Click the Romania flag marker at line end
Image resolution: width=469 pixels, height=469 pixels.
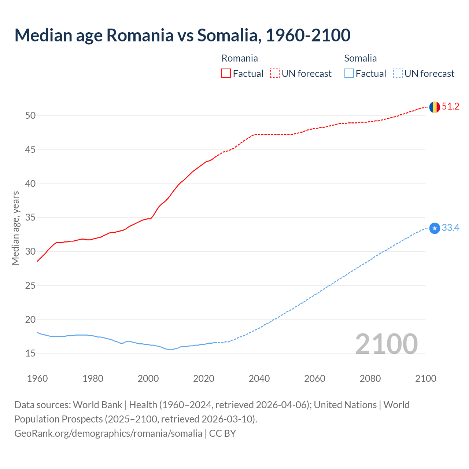point(434,107)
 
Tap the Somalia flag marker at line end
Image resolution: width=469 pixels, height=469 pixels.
point(434,228)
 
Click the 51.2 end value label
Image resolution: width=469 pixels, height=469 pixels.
point(450,107)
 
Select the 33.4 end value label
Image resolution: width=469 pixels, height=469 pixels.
point(450,228)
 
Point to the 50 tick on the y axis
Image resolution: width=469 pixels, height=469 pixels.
point(30,116)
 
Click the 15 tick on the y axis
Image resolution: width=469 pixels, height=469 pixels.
point(30,354)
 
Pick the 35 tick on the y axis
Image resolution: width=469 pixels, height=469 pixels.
point(30,218)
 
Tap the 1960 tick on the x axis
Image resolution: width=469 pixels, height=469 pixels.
point(37,378)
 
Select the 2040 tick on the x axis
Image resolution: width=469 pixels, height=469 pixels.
point(259,378)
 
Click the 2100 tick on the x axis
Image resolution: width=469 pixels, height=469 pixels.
point(425,378)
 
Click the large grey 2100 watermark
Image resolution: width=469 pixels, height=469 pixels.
point(386,344)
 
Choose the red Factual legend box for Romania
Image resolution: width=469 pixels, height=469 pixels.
point(226,74)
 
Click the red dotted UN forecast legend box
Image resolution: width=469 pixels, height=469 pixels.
point(275,74)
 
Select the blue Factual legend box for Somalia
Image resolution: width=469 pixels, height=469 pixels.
point(349,74)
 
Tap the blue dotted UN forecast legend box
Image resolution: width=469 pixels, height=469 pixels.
point(398,74)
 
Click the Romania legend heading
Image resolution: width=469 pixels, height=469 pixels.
point(240,58)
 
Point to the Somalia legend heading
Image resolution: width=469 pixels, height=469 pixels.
point(360,58)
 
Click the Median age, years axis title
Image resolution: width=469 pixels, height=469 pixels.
point(15,228)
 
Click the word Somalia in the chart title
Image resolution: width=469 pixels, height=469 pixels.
point(229,35)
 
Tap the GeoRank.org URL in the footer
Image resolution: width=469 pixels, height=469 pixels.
point(108,433)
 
